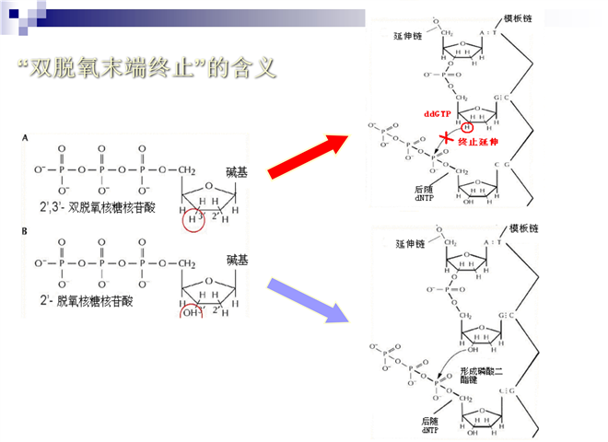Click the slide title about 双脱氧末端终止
tap(147, 70)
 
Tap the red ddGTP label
tap(437, 113)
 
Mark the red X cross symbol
tap(447, 138)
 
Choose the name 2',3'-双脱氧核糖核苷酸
tap(97, 207)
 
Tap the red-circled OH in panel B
tap(192, 309)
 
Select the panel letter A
tap(25, 137)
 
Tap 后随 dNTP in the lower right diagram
tap(432, 425)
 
